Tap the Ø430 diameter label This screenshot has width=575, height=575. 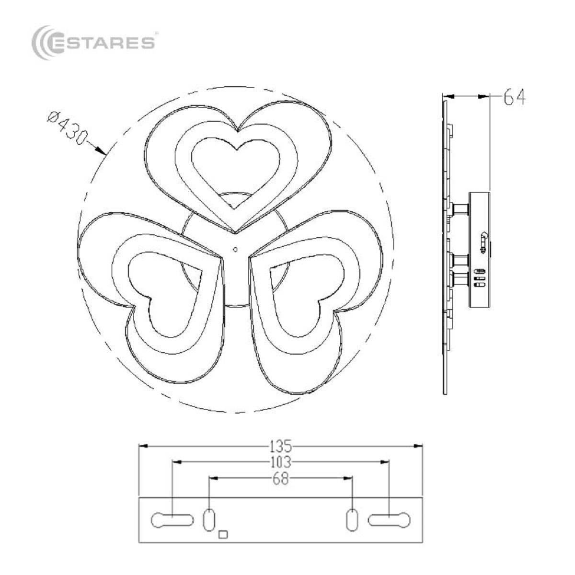(x=68, y=128)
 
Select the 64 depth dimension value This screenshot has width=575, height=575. (x=514, y=97)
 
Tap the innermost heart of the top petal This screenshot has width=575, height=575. (x=236, y=170)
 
